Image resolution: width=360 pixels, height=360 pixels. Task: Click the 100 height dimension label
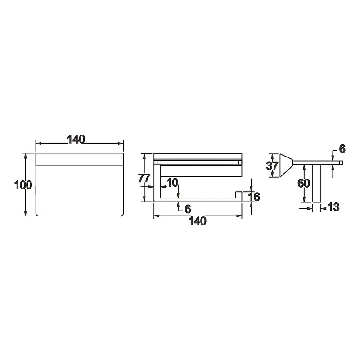click(x=23, y=185)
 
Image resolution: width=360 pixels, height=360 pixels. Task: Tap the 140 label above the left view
click(x=76, y=139)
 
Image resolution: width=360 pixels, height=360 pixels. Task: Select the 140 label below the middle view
click(x=198, y=221)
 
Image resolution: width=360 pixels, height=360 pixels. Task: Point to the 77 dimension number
click(x=144, y=178)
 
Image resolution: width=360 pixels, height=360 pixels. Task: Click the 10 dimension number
click(x=172, y=183)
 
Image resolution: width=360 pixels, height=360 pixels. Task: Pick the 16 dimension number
click(x=254, y=197)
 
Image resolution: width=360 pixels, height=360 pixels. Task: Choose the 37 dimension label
click(x=272, y=166)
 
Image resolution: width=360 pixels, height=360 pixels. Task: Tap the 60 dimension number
click(x=304, y=183)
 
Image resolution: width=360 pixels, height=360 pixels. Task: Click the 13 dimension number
click(x=333, y=207)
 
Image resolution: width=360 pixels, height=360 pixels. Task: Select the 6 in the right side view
click(x=342, y=149)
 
